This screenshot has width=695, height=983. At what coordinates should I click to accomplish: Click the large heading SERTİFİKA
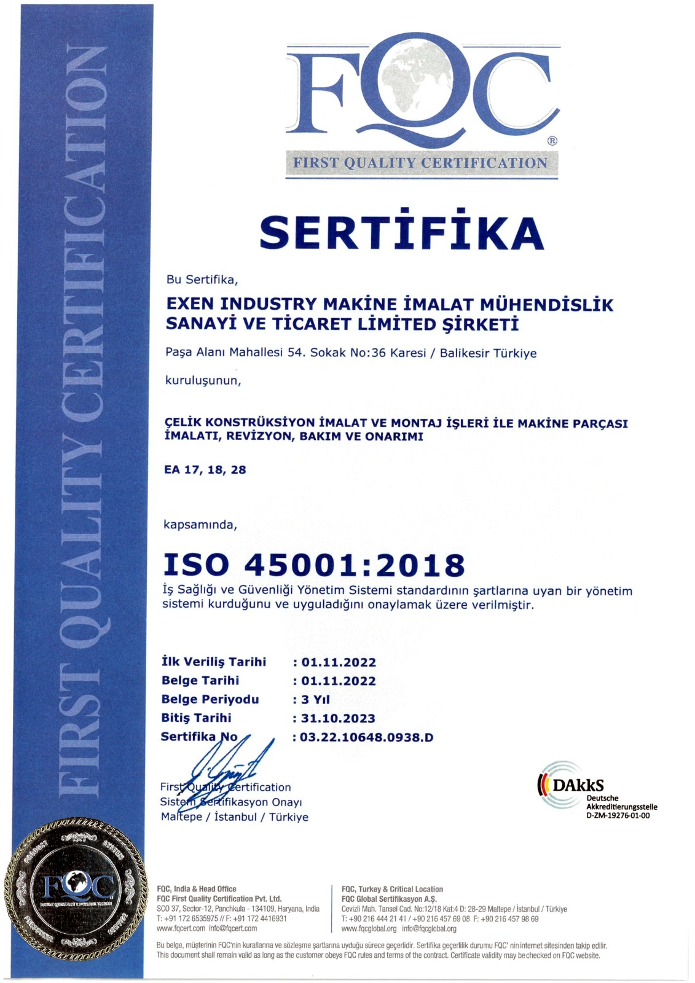(402, 232)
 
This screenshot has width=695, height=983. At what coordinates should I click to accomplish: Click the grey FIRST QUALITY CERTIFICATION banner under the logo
(421, 163)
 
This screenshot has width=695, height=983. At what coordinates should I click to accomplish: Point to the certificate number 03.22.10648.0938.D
(366, 737)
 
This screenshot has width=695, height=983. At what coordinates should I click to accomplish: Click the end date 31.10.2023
(338, 718)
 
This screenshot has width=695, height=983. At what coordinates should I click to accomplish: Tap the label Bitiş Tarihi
(196, 718)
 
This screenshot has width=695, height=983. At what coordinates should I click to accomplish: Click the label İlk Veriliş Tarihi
(214, 662)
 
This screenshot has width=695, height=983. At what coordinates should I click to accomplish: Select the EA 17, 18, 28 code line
(205, 470)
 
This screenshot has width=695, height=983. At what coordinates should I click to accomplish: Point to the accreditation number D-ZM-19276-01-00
(618, 816)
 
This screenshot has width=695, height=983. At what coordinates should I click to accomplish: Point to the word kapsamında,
(200, 525)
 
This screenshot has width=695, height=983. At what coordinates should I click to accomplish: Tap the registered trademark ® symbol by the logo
(552, 141)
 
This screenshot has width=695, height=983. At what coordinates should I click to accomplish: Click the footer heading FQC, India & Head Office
(197, 889)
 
